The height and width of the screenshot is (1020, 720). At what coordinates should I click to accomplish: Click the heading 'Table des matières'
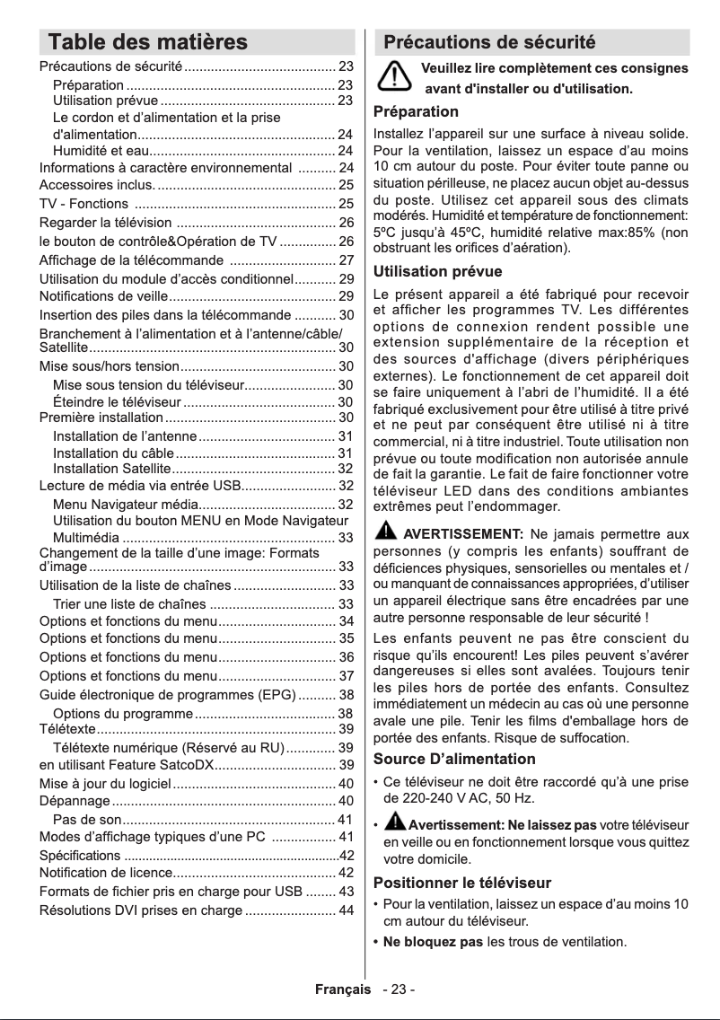coord(147,42)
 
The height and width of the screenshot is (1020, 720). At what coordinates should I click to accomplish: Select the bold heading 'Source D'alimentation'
coord(454,760)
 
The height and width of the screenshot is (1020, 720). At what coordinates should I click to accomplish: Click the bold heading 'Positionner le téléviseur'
coord(462,882)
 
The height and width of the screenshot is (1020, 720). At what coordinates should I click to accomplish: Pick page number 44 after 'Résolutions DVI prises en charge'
coord(345,911)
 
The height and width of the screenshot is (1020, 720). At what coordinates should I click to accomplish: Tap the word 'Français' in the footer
coord(342,989)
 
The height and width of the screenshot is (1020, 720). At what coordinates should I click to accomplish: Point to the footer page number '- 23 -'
coord(398,989)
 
